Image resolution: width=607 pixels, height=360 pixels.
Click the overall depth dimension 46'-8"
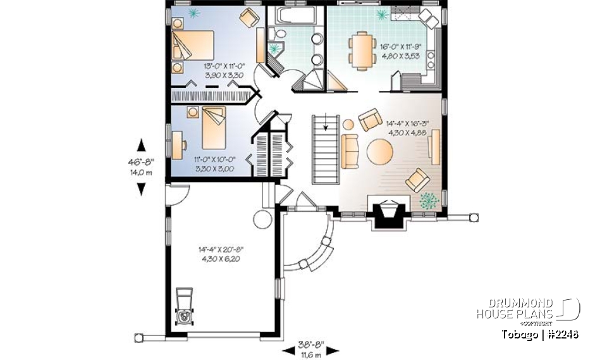[x=140, y=163]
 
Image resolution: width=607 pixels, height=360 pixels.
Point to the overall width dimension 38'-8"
[x=310, y=346]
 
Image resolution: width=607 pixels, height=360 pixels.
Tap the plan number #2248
[x=562, y=334]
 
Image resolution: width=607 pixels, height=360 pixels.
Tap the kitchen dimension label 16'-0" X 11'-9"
[x=400, y=51]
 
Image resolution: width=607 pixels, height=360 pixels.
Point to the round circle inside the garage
[x=262, y=220]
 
